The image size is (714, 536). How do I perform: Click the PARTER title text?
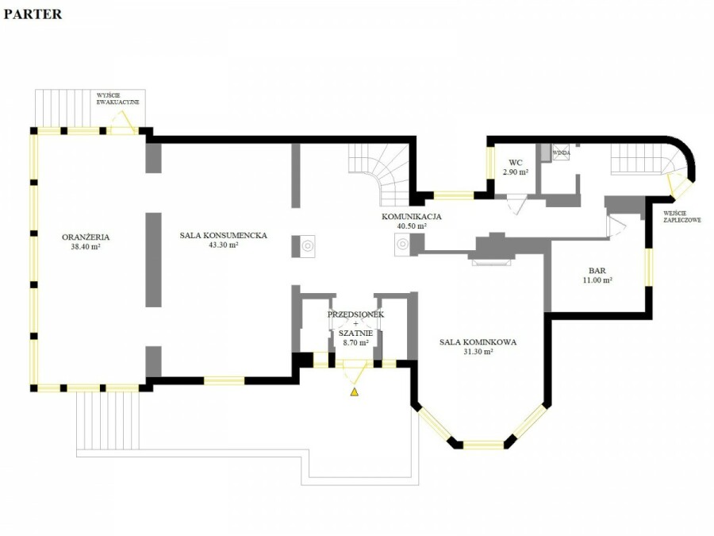click(33, 14)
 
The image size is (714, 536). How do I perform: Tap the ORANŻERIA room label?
click(86, 237)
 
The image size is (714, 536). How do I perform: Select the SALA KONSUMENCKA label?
click(223, 236)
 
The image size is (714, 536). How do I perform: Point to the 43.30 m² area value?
click(223, 245)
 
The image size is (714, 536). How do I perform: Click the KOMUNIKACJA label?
click(412, 217)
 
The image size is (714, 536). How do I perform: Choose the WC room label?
click(516, 163)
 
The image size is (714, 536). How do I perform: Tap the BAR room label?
click(597, 271)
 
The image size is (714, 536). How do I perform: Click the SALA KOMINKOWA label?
click(478, 341)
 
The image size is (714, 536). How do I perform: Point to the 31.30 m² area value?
click(478, 352)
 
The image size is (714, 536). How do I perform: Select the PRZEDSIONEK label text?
click(355, 314)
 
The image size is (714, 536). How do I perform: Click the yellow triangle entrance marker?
click(355, 391)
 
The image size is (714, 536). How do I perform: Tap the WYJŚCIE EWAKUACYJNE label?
click(118, 99)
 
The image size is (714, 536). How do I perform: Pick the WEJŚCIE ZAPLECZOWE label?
click(681, 217)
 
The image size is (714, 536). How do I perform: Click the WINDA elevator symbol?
click(561, 152)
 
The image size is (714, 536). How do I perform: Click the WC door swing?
click(517, 204)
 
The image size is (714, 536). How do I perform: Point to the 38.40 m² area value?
click(86, 247)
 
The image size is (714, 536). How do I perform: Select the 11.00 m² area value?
click(597, 280)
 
